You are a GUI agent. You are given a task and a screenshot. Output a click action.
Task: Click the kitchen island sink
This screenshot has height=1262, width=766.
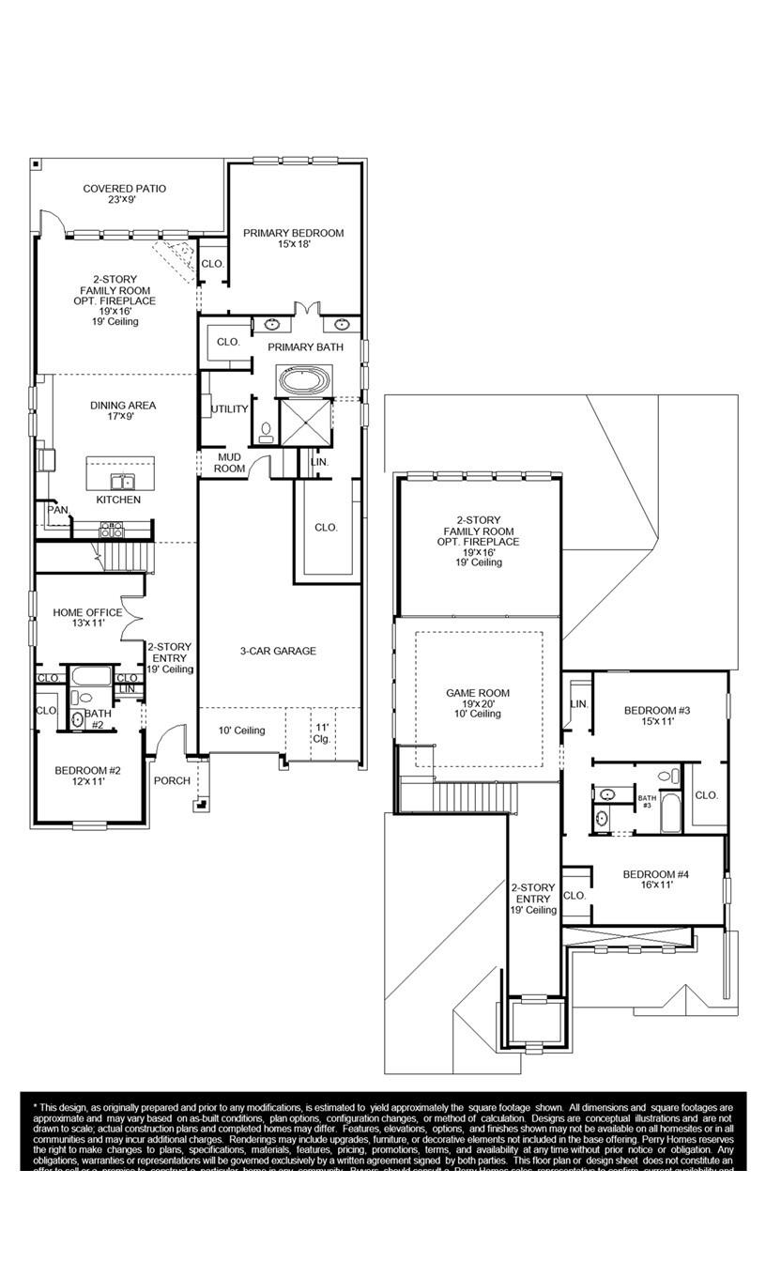(x=120, y=482)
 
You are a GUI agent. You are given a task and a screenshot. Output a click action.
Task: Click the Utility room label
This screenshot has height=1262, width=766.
(x=230, y=409)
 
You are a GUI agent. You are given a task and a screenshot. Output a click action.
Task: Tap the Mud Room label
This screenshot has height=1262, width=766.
(x=230, y=463)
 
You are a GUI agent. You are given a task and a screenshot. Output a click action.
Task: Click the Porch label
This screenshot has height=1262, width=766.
(x=172, y=780)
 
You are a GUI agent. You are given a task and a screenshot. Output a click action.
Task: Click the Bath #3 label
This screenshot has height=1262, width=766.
(x=647, y=801)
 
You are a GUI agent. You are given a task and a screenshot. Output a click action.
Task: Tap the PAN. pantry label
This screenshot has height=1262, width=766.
(x=57, y=510)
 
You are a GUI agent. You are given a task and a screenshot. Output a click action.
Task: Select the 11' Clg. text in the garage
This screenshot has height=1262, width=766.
(x=321, y=732)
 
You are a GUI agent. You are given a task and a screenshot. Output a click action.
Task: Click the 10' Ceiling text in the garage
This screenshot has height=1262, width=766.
(x=241, y=731)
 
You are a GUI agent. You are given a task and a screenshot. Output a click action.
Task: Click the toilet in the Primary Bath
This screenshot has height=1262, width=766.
(x=266, y=433)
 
